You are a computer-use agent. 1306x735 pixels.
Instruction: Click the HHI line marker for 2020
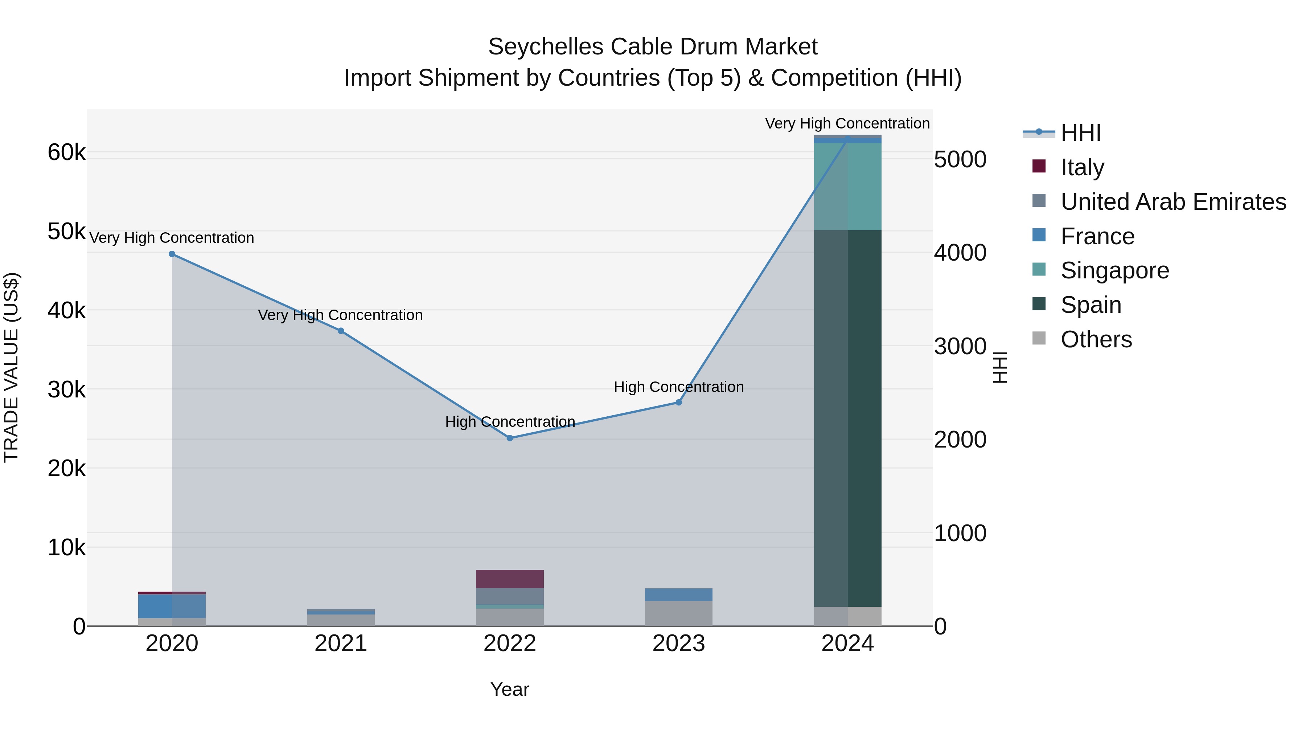[x=172, y=254]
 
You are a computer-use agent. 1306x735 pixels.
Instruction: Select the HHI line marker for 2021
[x=341, y=331]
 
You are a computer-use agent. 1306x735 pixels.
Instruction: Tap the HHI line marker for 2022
[x=510, y=438]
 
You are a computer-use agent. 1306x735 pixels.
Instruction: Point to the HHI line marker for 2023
[x=679, y=402]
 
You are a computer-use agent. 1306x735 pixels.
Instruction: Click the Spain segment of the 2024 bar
[x=848, y=418]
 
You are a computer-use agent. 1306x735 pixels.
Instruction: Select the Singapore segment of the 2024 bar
[x=848, y=186]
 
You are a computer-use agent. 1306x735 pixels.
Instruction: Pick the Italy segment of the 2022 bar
[x=510, y=579]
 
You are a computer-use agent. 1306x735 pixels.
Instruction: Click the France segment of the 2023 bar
[x=679, y=595]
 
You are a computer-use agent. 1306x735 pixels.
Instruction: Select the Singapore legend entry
[x=1114, y=270]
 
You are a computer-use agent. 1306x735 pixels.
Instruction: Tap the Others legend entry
[x=1096, y=339]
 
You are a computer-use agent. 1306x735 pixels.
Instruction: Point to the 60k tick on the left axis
[x=66, y=152]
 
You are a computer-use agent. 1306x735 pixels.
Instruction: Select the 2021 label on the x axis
[x=341, y=644]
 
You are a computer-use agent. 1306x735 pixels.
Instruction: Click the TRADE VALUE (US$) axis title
[x=11, y=367]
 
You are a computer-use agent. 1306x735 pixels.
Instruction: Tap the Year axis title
[x=510, y=689]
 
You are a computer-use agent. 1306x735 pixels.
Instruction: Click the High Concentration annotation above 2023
[x=679, y=387]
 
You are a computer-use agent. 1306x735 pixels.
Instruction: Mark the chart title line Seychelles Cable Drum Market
[x=653, y=47]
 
